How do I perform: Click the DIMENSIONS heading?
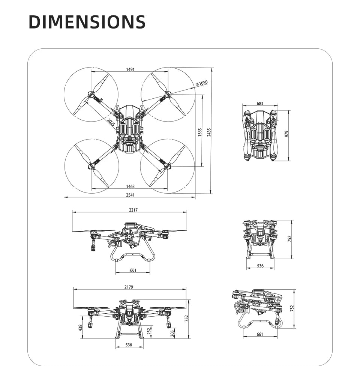tap(87, 22)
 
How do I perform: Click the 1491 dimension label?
tap(130, 69)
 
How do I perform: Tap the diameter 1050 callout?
tap(202, 83)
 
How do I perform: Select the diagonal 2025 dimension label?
tap(111, 122)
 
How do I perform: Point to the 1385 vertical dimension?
tap(200, 132)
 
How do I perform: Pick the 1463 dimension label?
tap(130, 186)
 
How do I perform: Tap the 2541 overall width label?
tap(130, 195)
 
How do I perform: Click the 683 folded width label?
tap(260, 104)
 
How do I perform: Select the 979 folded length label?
tap(286, 134)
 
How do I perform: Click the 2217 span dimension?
tap(133, 210)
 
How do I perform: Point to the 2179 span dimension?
tap(129, 287)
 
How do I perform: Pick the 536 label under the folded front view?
tap(260, 266)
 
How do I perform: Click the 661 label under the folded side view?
tap(260, 334)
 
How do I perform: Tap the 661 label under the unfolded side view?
tap(133, 270)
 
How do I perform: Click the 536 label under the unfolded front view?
tap(129, 344)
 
